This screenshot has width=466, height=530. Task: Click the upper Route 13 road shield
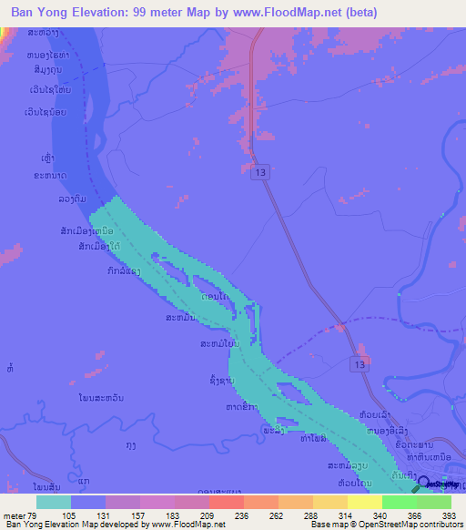tap(262, 171)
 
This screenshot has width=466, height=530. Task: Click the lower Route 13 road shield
tap(360, 364)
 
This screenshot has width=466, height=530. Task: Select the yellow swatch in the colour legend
tap(364, 502)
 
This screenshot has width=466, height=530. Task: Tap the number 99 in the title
tap(143, 13)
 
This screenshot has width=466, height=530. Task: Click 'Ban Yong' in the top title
tap(40, 13)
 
